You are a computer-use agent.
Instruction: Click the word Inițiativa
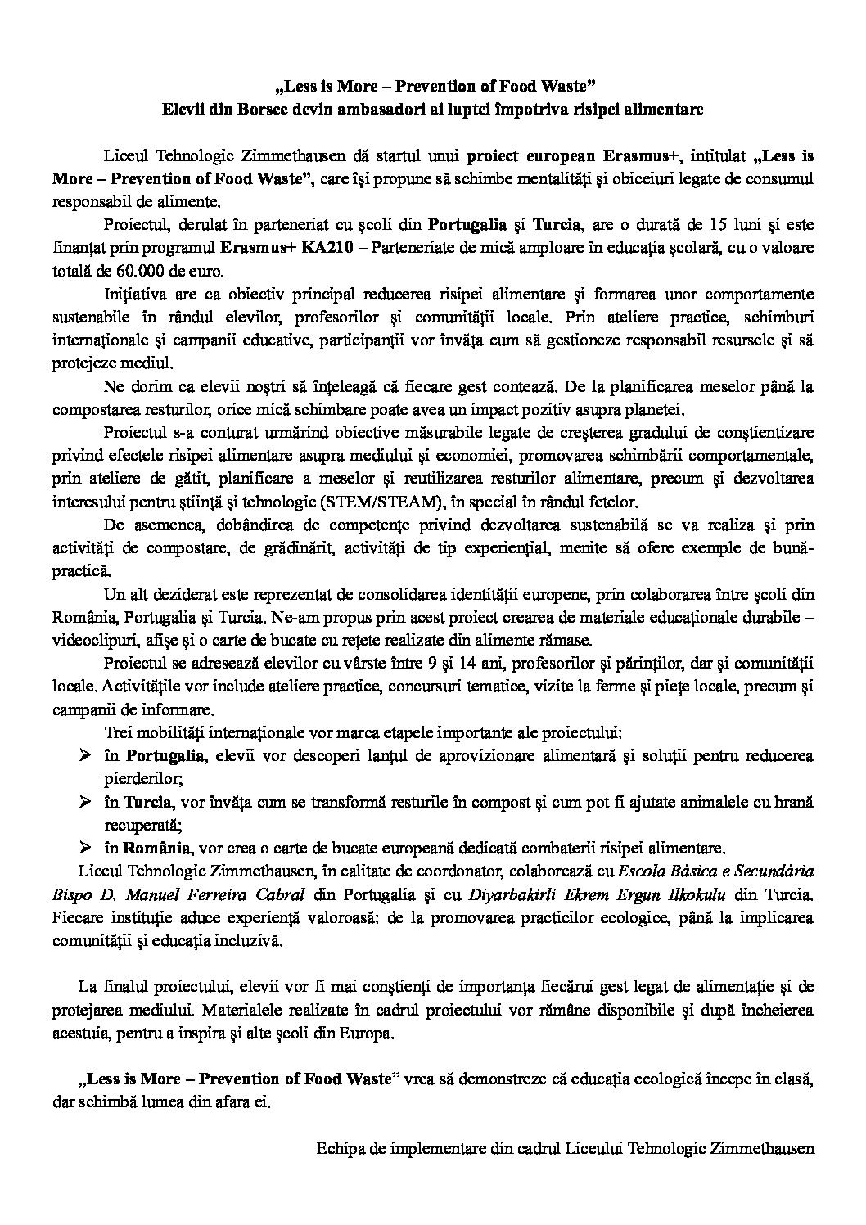coord(139,294)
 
